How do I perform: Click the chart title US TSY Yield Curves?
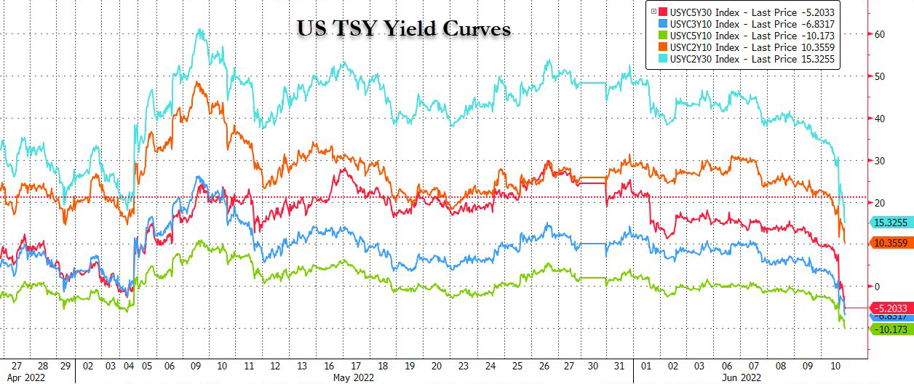[x=405, y=29]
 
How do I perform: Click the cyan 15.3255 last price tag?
[x=889, y=223]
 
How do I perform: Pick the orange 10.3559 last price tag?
[x=889, y=243]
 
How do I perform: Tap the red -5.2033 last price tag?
[x=889, y=308]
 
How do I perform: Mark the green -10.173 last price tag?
[x=889, y=329]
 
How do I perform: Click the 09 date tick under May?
[x=196, y=366]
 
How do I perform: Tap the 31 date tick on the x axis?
[x=617, y=366]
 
